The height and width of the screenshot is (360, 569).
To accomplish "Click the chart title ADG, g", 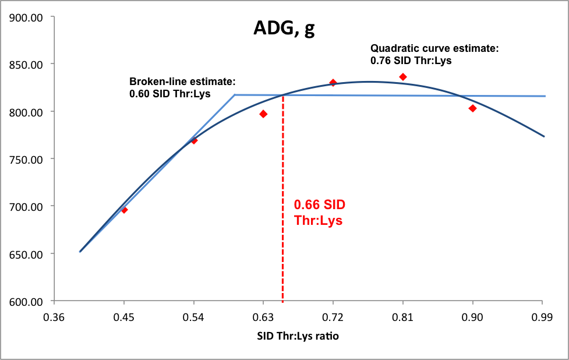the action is click(x=284, y=28).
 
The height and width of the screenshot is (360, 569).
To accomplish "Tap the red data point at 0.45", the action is click(x=124, y=210).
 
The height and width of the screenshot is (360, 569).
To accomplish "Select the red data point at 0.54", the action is click(x=194, y=140).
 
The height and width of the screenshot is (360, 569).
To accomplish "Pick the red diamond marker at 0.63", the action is click(x=263, y=114).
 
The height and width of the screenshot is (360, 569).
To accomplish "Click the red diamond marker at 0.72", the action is click(x=333, y=83).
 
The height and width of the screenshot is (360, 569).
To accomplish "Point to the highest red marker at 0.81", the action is click(x=403, y=77).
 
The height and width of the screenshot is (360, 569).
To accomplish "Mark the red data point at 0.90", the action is click(x=472, y=108).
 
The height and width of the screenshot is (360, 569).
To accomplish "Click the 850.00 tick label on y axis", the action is click(x=26, y=65).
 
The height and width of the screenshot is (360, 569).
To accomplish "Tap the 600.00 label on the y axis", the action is click(x=26, y=302).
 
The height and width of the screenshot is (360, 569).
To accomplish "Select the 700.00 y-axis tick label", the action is click(x=26, y=207).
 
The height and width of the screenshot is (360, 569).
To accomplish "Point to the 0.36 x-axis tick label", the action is click(x=54, y=317).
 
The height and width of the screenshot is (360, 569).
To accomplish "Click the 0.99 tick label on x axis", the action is click(x=542, y=317).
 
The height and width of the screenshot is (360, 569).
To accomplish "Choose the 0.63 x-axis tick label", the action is click(x=263, y=317).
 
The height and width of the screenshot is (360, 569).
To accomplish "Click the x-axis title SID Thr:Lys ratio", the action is click(x=298, y=336).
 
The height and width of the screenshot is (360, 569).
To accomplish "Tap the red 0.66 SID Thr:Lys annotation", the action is click(x=319, y=212).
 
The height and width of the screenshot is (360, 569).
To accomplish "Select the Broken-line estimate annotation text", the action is click(x=182, y=87).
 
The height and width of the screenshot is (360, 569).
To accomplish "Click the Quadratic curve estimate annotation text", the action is click(x=434, y=54).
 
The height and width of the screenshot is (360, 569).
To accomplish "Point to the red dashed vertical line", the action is click(x=282, y=198).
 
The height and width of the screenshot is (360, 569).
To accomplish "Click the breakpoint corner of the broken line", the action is click(x=235, y=95).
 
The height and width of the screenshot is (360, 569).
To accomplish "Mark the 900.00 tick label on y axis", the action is click(x=26, y=17).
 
